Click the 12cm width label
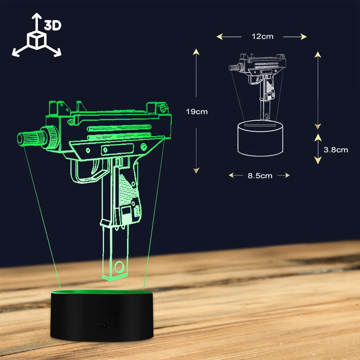tap(262, 36)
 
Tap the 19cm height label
tap(197, 112)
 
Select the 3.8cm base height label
tap(336, 150)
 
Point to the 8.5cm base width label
tap(260, 176)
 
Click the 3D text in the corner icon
tap(53, 25)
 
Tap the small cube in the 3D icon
tap(37, 41)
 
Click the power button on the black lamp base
tap(105, 325)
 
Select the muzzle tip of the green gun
tap(20, 139)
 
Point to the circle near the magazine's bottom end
tap(119, 267)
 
